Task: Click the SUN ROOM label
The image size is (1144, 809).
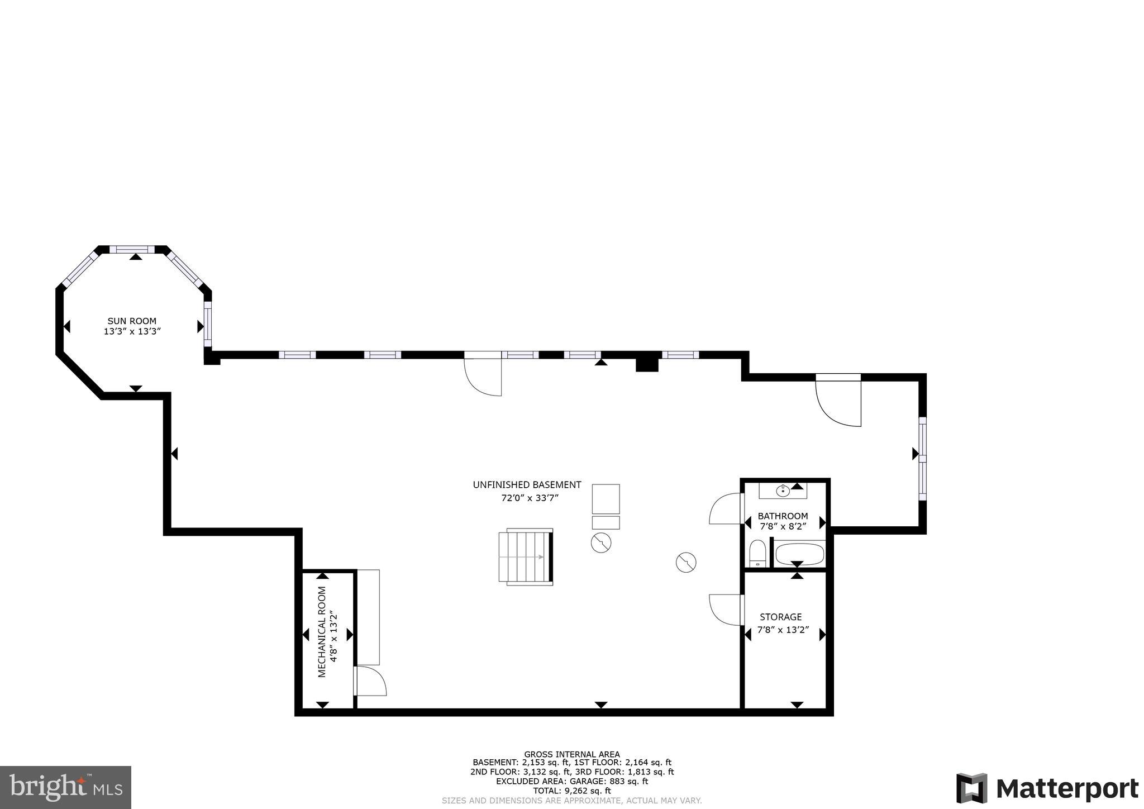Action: (132, 321)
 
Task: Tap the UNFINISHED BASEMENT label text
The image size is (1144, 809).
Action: (527, 485)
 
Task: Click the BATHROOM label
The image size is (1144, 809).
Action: (783, 516)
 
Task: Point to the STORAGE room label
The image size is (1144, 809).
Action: (780, 617)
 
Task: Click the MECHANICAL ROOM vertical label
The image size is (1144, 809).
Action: (322, 632)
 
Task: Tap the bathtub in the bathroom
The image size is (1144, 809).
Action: (799, 555)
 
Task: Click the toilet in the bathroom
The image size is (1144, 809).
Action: (757, 553)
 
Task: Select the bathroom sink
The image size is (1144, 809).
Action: (783, 491)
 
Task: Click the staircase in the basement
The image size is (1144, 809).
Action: (525, 556)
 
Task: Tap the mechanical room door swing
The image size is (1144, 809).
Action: (370, 681)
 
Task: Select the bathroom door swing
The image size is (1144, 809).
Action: (724, 509)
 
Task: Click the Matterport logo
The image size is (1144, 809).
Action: (1047, 788)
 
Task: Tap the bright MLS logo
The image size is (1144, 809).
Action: (65, 787)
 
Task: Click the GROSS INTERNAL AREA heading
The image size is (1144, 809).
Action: (571, 754)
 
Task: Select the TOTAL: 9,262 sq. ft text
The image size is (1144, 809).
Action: (571, 791)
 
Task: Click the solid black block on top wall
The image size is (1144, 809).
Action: (647, 364)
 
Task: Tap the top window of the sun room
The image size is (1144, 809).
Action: (132, 249)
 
